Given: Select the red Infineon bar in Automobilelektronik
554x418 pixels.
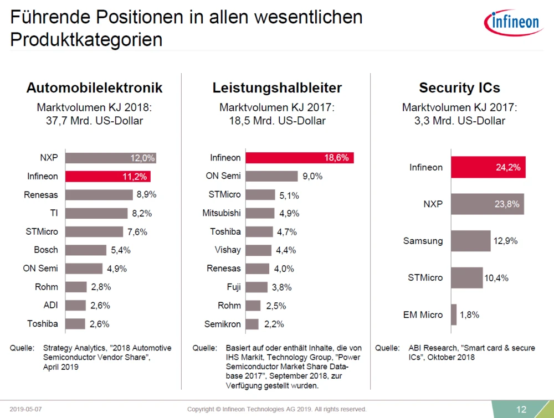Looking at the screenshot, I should [x=108, y=177].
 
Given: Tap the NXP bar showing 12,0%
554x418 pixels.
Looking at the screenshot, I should [x=111, y=158].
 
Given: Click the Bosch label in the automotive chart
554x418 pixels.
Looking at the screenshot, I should [x=46, y=250].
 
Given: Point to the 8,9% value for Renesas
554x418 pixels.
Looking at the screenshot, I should [x=146, y=195].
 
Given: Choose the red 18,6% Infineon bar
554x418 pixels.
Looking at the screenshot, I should [x=299, y=158].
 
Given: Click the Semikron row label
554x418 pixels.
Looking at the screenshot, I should [x=223, y=324].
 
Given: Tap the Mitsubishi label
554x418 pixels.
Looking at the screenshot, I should [x=221, y=213].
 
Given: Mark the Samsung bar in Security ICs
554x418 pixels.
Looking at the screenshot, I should [x=470, y=241].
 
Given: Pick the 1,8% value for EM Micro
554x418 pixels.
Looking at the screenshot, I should [x=470, y=314].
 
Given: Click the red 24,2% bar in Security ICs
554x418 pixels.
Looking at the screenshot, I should [x=488, y=167].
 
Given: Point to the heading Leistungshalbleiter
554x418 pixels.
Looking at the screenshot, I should [x=277, y=88].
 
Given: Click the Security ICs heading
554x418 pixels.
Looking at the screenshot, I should [x=459, y=88].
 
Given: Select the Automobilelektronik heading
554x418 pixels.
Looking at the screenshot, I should [x=95, y=88].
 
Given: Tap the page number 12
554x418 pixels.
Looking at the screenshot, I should [x=521, y=409].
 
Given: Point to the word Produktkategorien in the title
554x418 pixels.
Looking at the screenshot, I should [x=86, y=40].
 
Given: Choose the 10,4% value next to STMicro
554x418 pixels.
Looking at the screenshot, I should [x=496, y=277].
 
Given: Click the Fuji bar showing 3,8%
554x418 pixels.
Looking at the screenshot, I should [x=257, y=287].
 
